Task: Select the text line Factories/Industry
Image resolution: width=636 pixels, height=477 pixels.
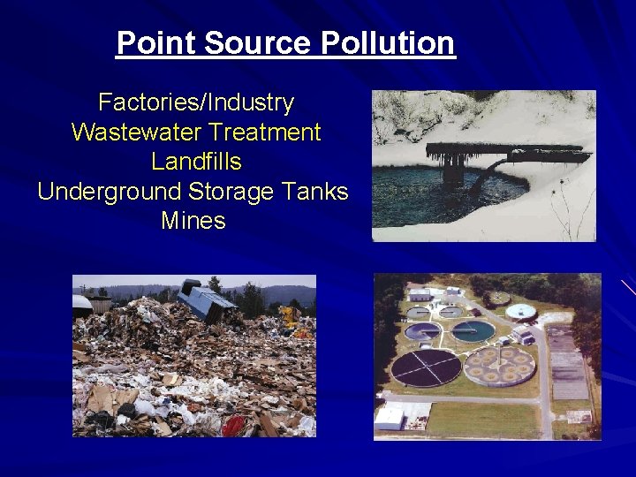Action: click(x=195, y=102)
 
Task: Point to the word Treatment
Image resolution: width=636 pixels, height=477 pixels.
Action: click(x=266, y=132)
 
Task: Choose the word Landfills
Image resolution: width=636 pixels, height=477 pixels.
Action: click(x=195, y=162)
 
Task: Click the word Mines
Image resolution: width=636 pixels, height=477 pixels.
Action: click(x=193, y=221)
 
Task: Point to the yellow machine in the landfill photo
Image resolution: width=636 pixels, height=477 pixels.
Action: click(x=289, y=316)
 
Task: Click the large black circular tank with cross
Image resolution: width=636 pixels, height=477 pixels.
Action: click(x=427, y=367)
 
